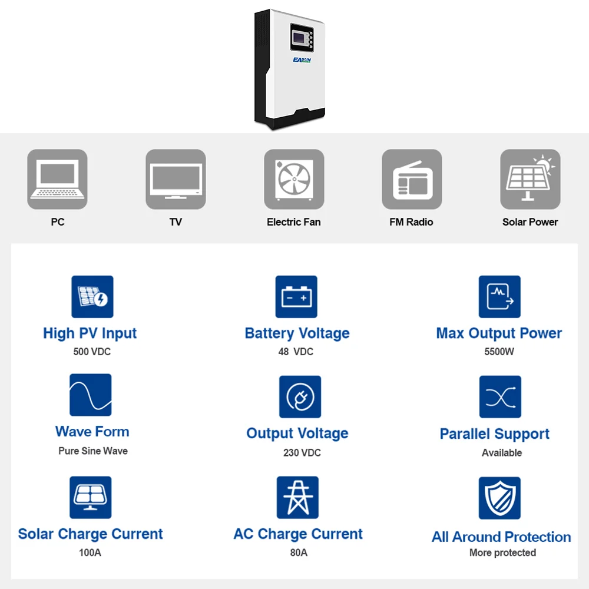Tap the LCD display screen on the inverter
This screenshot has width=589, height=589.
pyautogui.click(x=300, y=39)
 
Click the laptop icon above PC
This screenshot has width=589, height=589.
pyautogui.click(x=57, y=179)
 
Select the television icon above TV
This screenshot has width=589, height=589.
pyautogui.click(x=176, y=179)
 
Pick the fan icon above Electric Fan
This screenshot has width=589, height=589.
pyautogui.click(x=294, y=179)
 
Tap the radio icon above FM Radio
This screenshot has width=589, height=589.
pyautogui.click(x=412, y=179)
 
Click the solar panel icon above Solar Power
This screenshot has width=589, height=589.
pyautogui.click(x=530, y=179)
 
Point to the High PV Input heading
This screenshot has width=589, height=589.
pyautogui.click(x=90, y=333)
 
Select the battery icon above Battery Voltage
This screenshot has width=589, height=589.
pyautogui.click(x=296, y=297)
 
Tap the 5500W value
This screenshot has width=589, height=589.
pyautogui.click(x=499, y=352)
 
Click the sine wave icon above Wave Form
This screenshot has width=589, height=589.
pyautogui.click(x=90, y=395)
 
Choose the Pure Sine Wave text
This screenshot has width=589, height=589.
pyautogui.click(x=93, y=451)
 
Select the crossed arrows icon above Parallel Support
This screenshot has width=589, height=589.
pyautogui.click(x=499, y=397)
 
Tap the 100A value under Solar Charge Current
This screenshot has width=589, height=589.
pyautogui.click(x=90, y=552)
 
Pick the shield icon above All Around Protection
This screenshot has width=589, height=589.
pyautogui.click(x=499, y=498)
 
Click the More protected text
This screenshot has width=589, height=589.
pyautogui.click(x=502, y=552)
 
